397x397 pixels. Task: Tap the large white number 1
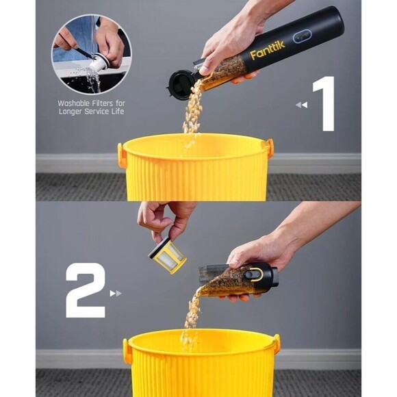pyautogui.click(x=324, y=103)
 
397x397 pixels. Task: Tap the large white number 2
pyautogui.click(x=86, y=290)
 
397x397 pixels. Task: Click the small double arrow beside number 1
pyautogui.click(x=300, y=105)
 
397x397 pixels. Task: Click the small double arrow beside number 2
pyautogui.click(x=115, y=294)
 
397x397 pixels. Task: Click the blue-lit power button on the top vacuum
pyautogui.click(x=303, y=36)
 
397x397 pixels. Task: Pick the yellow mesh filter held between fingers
pyautogui.click(x=168, y=256)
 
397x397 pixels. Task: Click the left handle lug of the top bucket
pyautogui.click(x=122, y=155)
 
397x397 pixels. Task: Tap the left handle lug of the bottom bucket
pyautogui.click(x=127, y=350)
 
